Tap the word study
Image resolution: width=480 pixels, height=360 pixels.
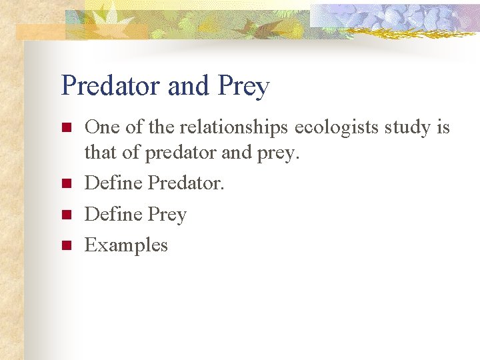[407, 128]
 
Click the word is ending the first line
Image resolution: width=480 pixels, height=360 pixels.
[443, 127]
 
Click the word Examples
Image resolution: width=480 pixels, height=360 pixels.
[126, 246]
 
